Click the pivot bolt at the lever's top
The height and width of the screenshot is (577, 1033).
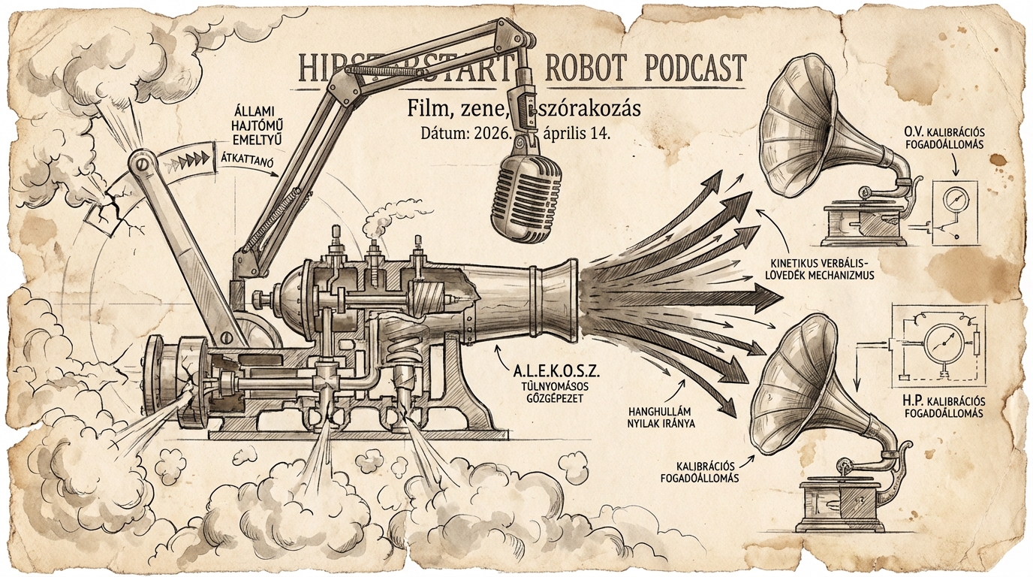(140, 164)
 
